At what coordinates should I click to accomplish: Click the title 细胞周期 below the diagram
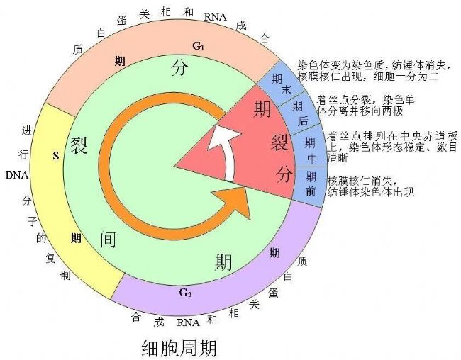point(179,348)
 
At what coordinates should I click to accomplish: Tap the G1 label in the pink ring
point(198,46)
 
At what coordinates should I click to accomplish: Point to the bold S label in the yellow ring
point(56,156)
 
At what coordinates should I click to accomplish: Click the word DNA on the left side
point(17,176)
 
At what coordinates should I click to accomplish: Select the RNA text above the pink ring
point(216,17)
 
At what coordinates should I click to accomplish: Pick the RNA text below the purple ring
point(188,322)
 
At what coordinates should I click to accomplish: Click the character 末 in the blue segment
point(287,89)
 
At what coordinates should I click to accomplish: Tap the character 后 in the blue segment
point(303,120)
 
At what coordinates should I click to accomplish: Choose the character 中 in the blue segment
point(312,159)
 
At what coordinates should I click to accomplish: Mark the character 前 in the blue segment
point(311,191)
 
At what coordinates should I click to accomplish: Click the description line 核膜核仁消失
point(362,180)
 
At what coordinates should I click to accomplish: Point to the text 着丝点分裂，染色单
point(366,100)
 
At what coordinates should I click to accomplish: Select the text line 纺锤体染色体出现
point(371,191)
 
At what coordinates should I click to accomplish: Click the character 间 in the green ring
point(108,240)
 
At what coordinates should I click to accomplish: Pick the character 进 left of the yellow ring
point(26,130)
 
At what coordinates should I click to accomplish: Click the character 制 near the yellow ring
point(65,276)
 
